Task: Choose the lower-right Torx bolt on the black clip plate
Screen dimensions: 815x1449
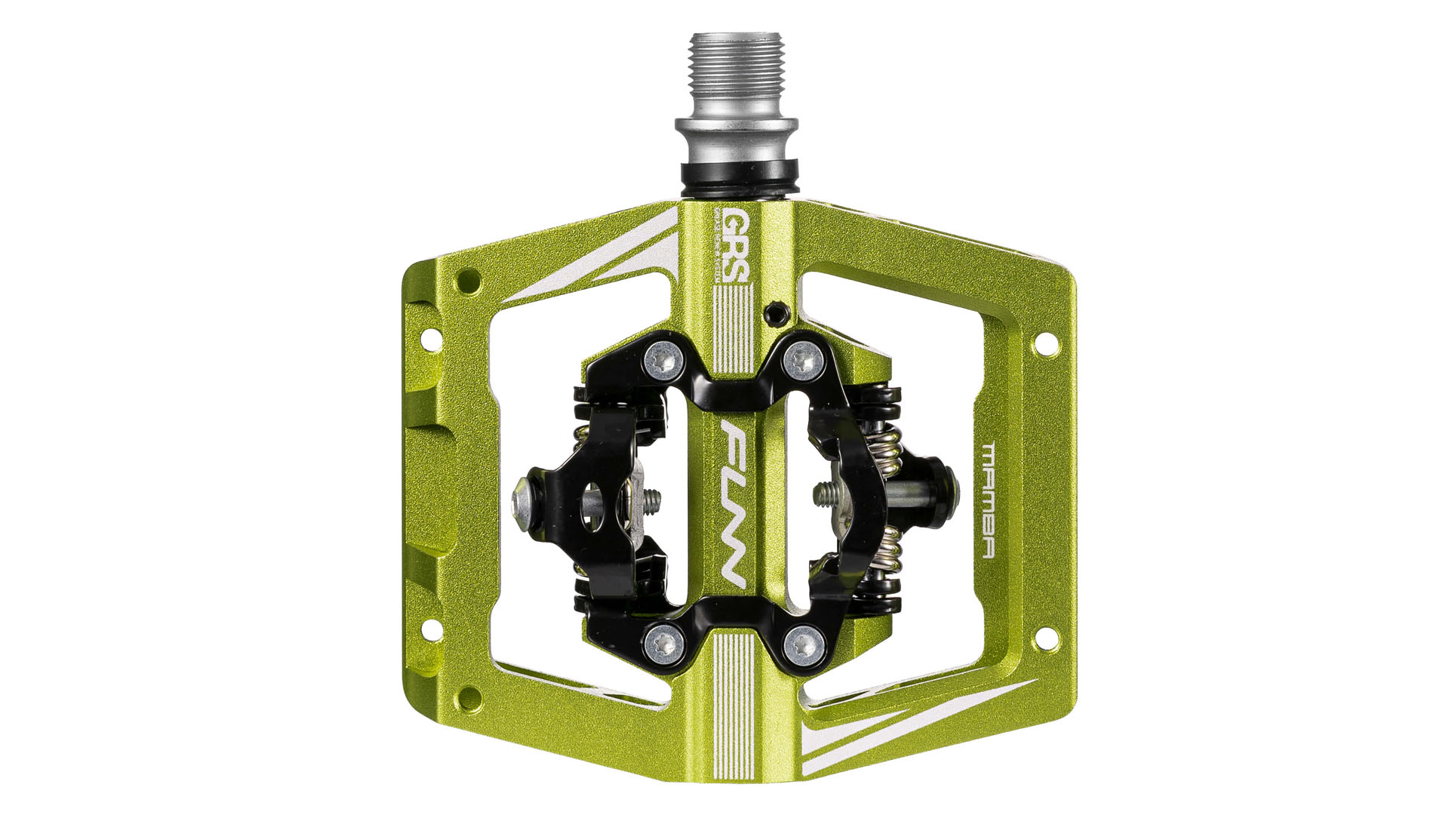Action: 802,642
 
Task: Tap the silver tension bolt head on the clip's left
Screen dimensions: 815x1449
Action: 523,499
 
